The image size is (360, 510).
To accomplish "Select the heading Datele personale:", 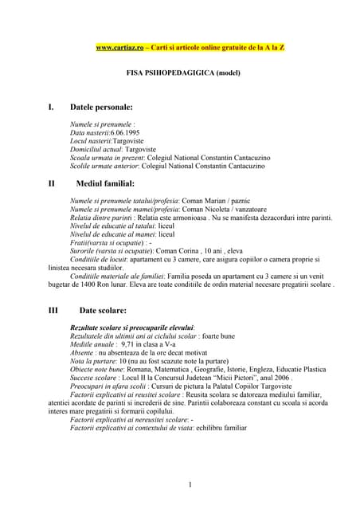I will coord(102,106).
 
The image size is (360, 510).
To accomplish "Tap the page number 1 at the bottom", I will coord(190,485).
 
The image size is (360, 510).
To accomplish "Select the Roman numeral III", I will coord(55,311).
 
